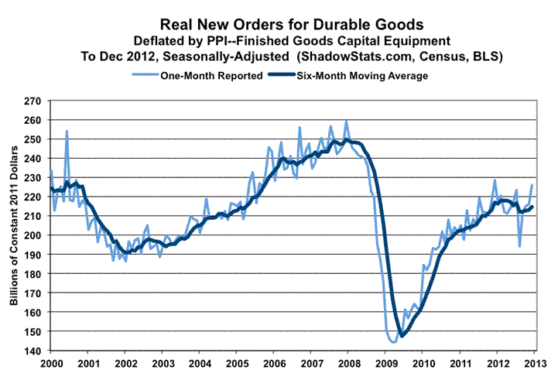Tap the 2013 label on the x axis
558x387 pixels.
pyautogui.click(x=534, y=363)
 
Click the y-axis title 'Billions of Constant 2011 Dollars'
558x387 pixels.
pyautogui.click(x=15, y=226)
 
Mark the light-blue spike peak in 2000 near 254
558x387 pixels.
pyautogui.click(x=67, y=131)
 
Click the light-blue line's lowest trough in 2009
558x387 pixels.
pyautogui.click(x=392, y=342)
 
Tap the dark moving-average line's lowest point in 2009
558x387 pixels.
pyautogui.click(x=402, y=335)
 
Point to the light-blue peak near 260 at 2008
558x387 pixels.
pyautogui.click(x=346, y=121)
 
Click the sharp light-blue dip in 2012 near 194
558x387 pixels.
pyautogui.click(x=520, y=246)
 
